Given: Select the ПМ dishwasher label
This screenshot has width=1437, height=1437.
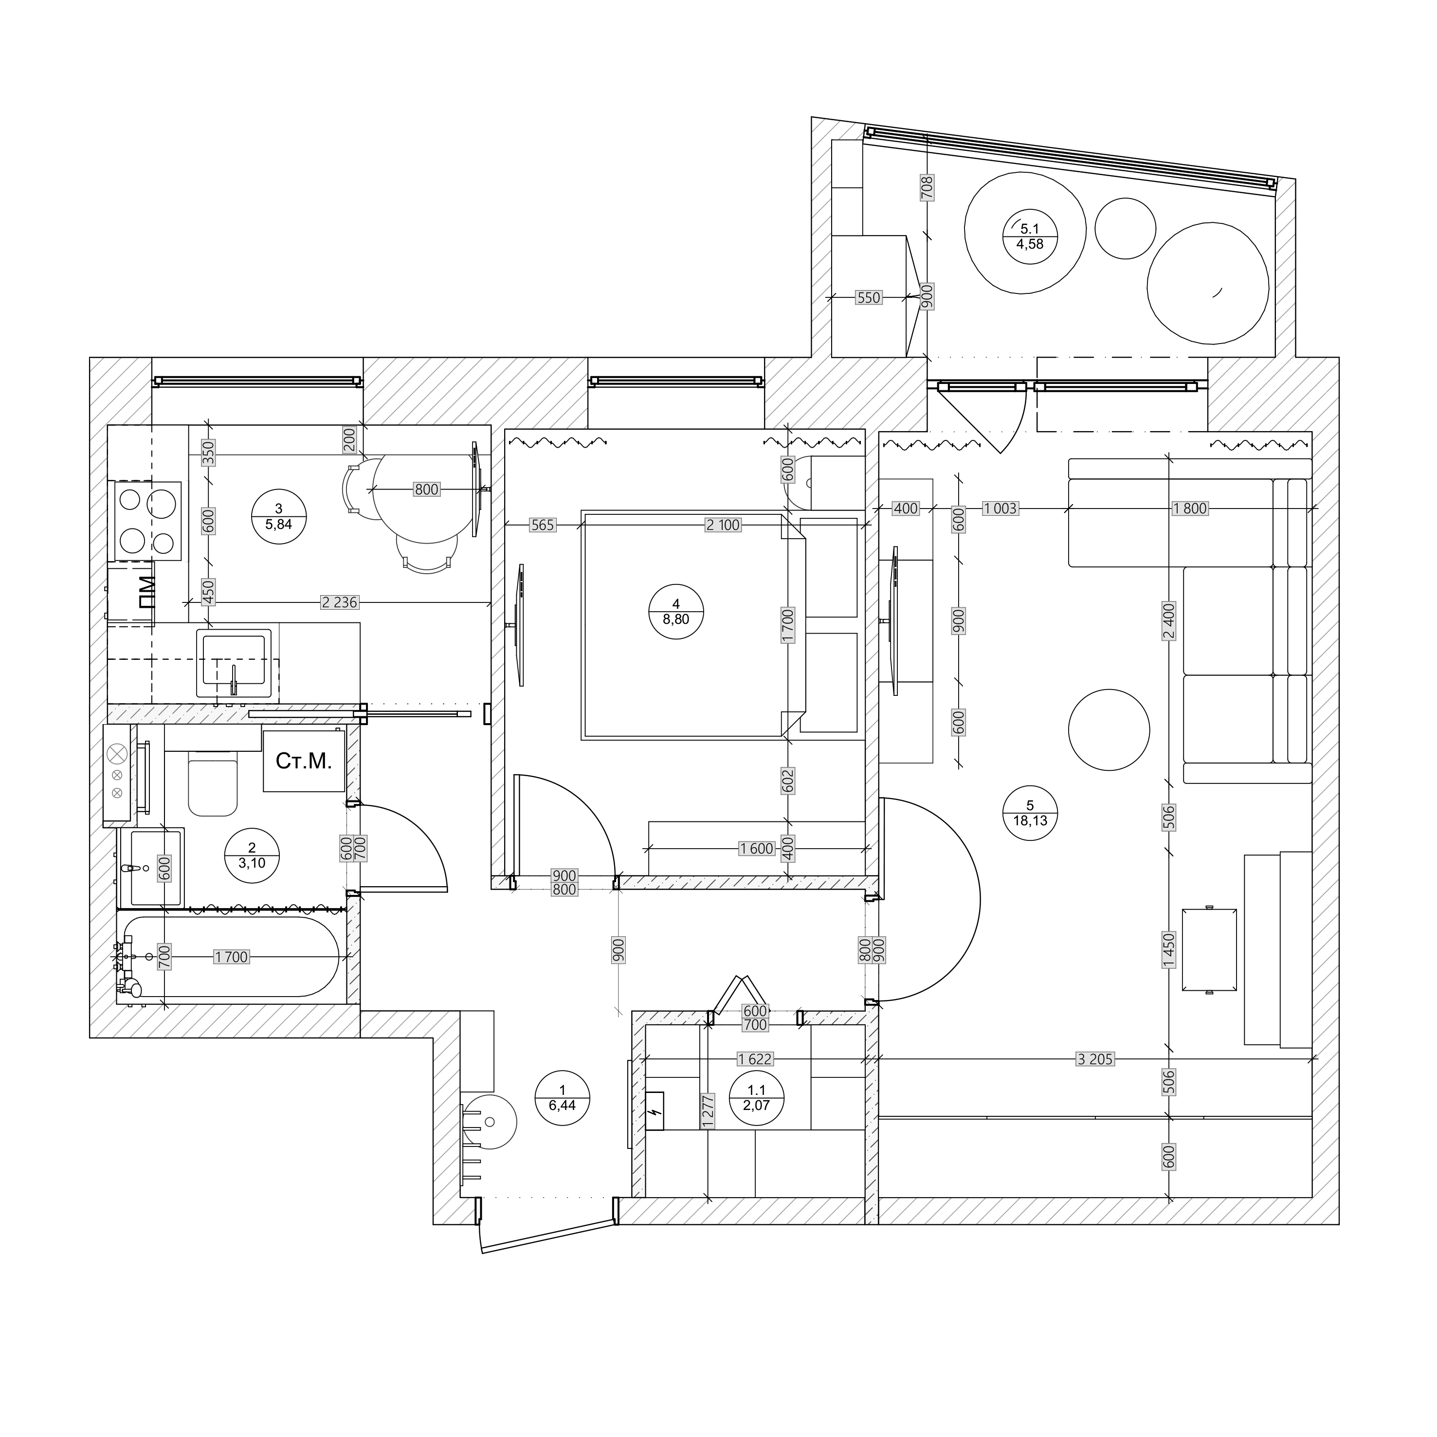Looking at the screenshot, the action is pos(146,592).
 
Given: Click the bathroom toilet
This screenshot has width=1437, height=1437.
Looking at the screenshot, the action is pos(213,783).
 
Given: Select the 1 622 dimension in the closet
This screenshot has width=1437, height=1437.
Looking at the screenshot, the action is pos(755,1058).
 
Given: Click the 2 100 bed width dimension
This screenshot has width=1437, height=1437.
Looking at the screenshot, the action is pos(723,525).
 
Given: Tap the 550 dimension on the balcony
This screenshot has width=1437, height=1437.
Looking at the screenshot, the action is pos(868,297).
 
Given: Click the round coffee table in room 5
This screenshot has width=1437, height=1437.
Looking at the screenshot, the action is pos(1108,729).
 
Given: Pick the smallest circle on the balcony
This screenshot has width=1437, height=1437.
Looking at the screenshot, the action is pos(1126,228).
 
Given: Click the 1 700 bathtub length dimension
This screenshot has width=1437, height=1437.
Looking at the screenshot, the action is pos(231,957).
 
